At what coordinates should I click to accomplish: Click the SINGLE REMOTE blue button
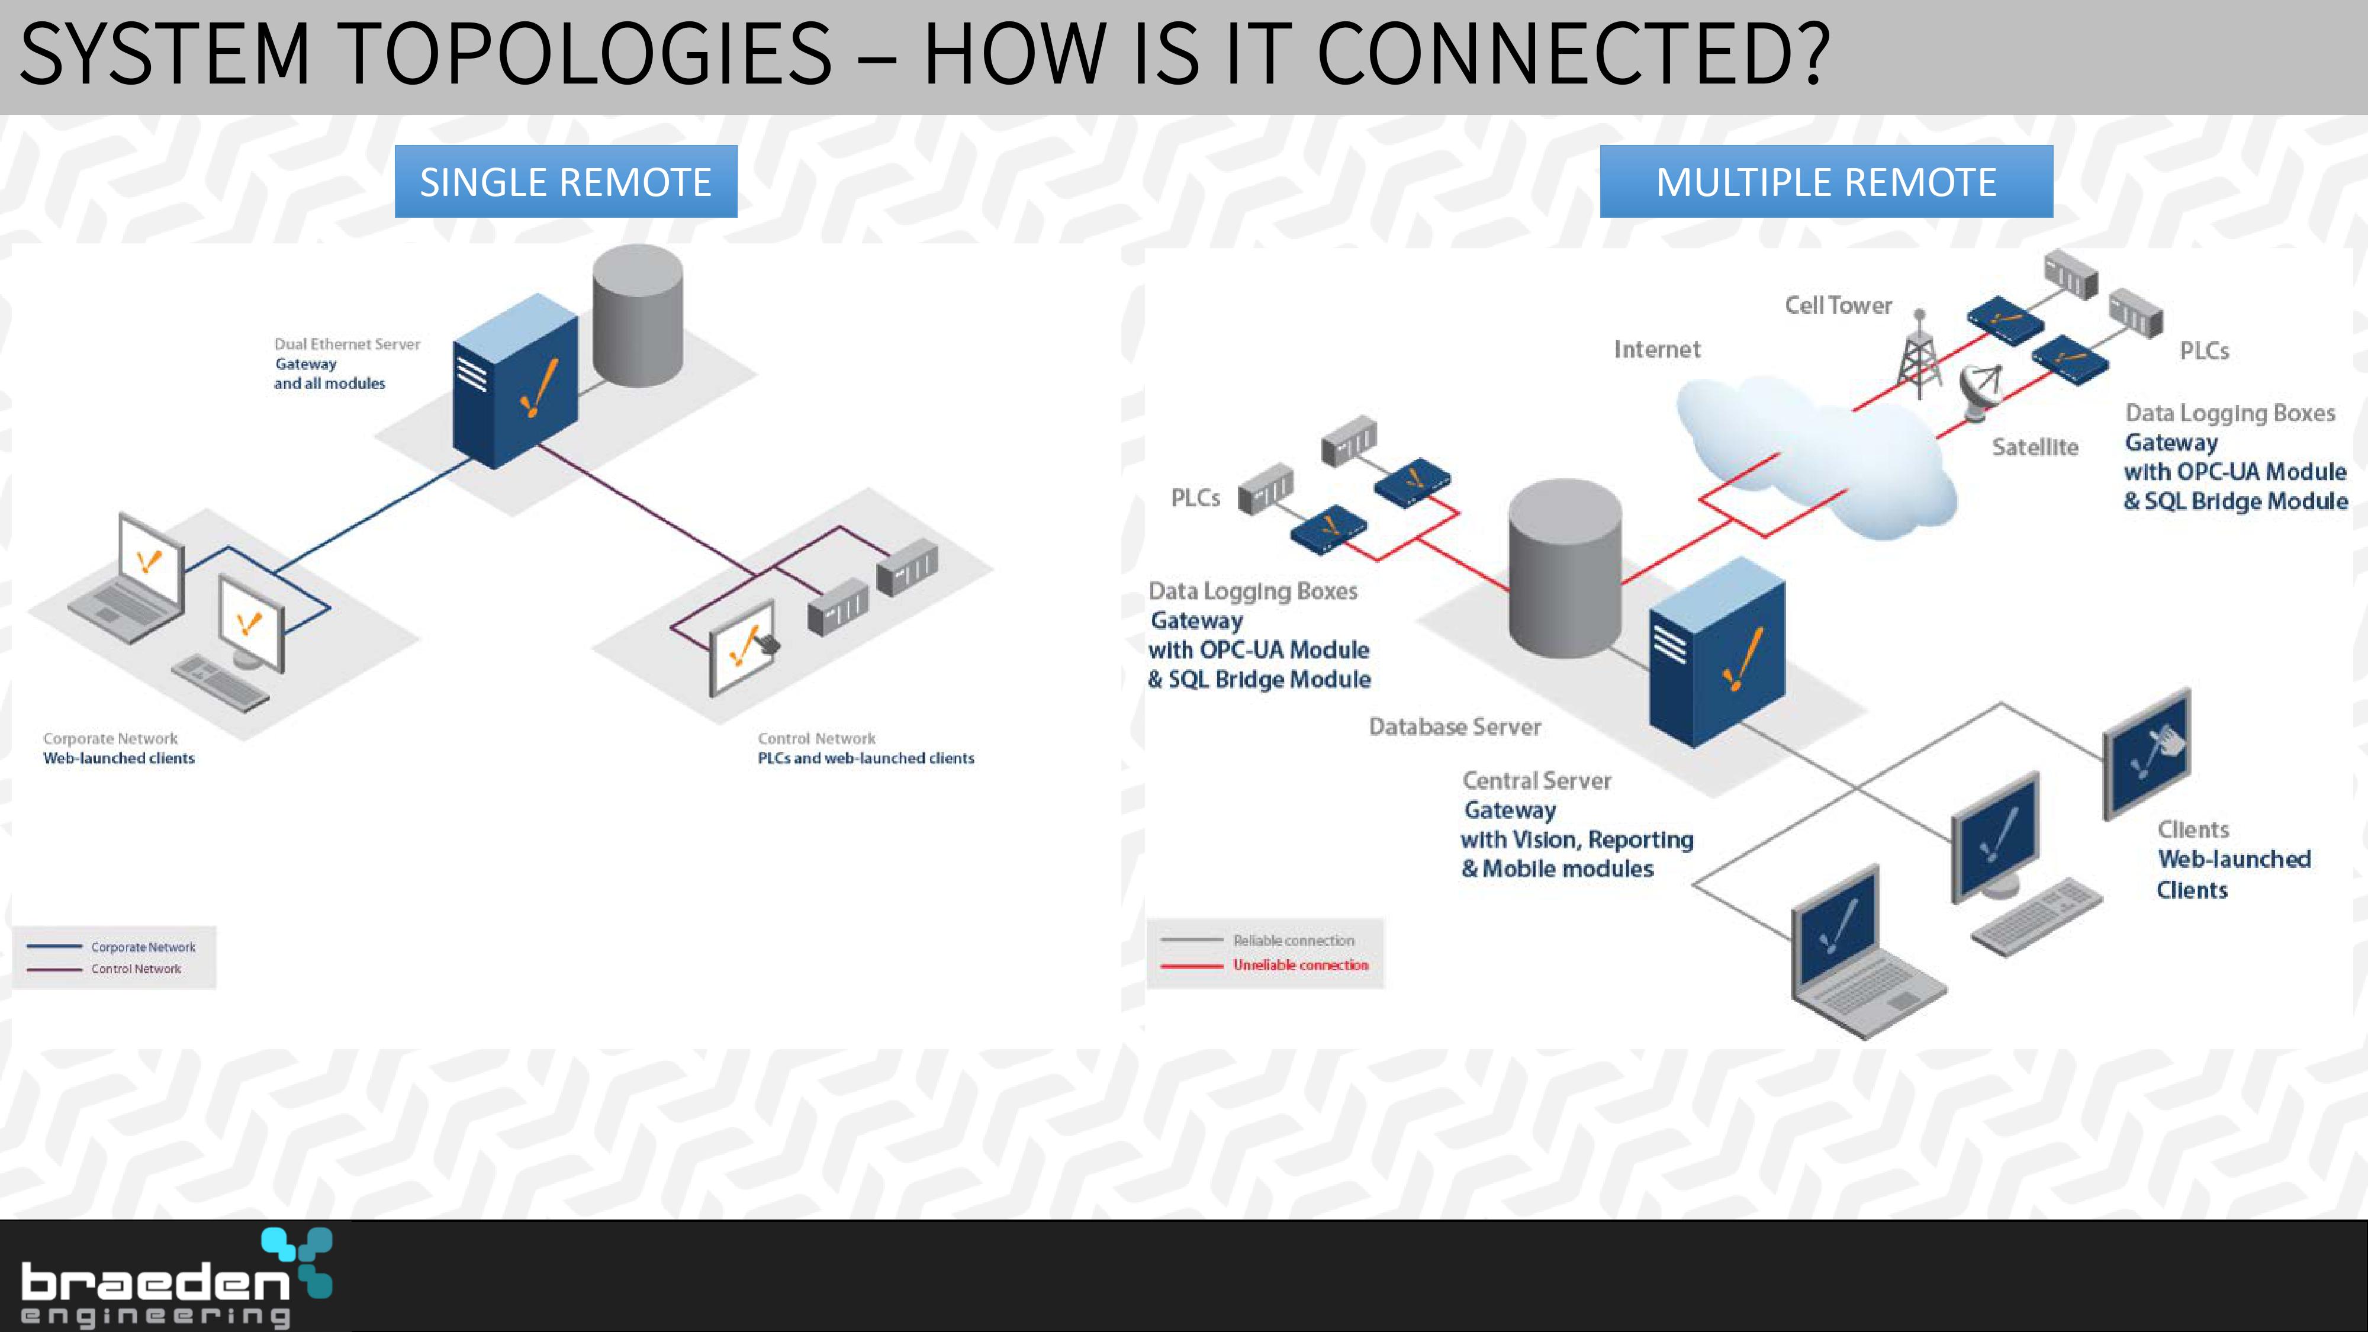click(x=565, y=181)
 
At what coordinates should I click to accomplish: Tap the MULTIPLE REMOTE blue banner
click(x=1826, y=181)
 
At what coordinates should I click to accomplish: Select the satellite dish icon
click(x=1979, y=391)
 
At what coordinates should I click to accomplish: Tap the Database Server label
click(x=1455, y=726)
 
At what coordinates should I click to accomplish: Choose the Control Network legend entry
click(x=104, y=969)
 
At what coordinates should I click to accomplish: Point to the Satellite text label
click(x=2034, y=447)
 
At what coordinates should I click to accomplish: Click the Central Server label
click(x=1536, y=780)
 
